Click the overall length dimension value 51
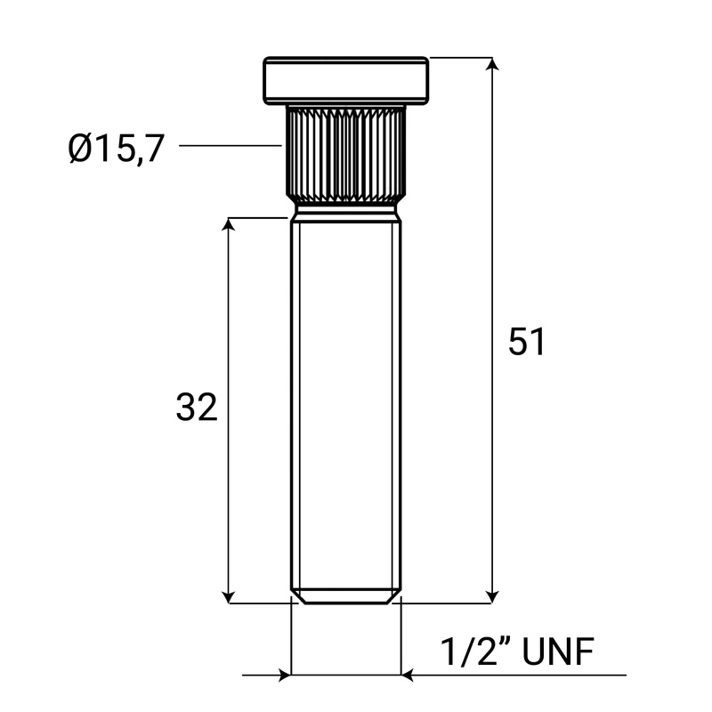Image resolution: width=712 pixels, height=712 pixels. click(526, 343)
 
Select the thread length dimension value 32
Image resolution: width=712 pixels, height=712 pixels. click(197, 408)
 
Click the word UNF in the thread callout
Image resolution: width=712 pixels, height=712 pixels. click(557, 652)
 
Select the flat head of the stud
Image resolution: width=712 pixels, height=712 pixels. click(346, 80)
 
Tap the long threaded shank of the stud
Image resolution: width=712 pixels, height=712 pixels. click(346, 400)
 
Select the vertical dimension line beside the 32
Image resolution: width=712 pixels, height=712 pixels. click(230, 311)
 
